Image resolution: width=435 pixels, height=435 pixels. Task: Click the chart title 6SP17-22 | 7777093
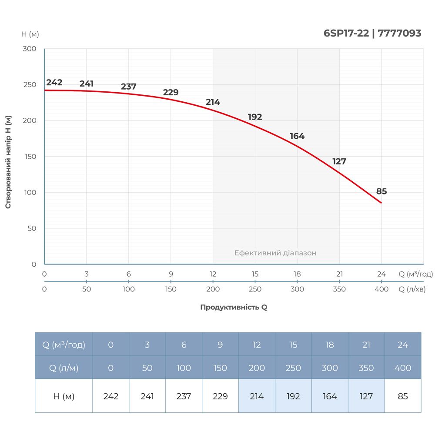(x=372, y=33)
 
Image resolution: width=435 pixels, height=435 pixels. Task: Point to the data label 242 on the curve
(x=54, y=83)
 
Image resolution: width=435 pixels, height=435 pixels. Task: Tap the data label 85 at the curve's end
(x=381, y=191)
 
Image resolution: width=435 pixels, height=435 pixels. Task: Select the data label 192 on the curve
(x=255, y=117)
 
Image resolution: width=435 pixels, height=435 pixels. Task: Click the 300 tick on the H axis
(x=30, y=49)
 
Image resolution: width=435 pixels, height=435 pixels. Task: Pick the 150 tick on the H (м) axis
(x=30, y=157)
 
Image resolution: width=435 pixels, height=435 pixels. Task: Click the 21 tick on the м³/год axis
(x=339, y=274)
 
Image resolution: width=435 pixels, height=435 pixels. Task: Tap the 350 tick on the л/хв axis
(x=339, y=289)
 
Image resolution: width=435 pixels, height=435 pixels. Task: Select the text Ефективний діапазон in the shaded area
(x=275, y=253)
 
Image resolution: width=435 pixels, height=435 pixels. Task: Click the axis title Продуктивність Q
(x=234, y=307)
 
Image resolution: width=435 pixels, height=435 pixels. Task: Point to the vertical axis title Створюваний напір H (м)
(x=8, y=162)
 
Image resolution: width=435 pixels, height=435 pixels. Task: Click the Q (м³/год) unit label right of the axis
(x=416, y=274)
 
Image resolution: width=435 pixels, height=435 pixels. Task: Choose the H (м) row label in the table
(x=64, y=396)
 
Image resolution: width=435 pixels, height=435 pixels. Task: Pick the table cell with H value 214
(x=257, y=396)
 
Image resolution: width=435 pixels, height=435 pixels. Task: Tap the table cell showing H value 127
(x=366, y=396)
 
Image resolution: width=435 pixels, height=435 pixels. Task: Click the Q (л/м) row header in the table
(x=64, y=368)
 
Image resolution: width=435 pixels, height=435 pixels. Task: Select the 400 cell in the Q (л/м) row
(x=403, y=368)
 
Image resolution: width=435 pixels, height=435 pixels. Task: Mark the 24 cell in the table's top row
(x=403, y=345)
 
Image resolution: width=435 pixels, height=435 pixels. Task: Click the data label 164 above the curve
(x=297, y=136)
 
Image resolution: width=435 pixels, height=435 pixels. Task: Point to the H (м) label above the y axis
(x=30, y=34)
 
